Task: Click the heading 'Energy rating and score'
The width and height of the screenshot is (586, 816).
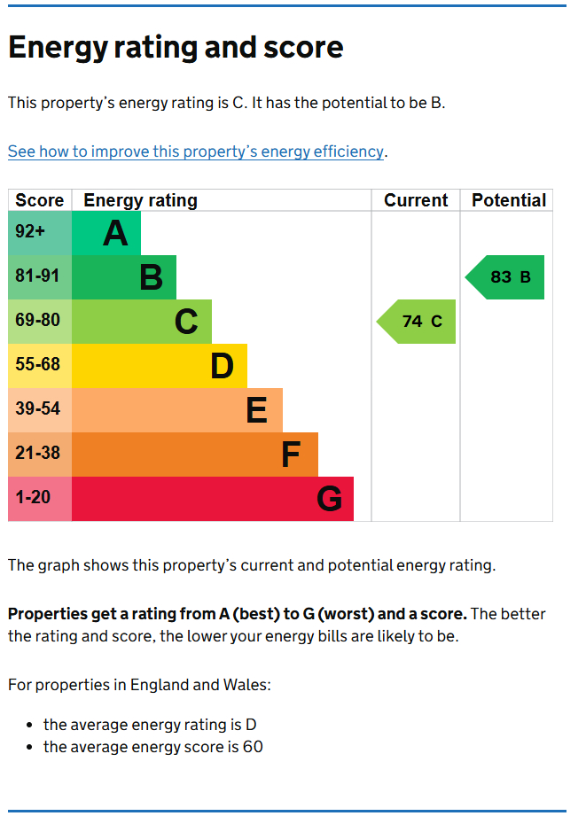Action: coord(176,47)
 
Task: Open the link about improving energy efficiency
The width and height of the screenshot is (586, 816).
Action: coord(195,152)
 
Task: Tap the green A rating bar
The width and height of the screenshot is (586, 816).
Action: coord(106,233)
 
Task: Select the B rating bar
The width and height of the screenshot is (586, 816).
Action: coord(124,277)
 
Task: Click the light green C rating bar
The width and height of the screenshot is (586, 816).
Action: coord(142,322)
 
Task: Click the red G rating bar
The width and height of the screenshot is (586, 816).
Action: coord(213,499)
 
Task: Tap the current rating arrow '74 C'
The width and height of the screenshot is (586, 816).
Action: coord(418,322)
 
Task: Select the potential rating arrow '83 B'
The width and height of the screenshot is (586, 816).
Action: coord(506,277)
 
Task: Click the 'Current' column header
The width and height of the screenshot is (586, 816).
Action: coord(416,200)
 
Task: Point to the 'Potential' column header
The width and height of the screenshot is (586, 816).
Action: coord(508,200)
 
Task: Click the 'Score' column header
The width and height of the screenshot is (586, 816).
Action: coord(40,200)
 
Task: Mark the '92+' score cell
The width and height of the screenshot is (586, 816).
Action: coord(30,232)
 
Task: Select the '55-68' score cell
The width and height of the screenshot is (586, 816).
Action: coord(38,365)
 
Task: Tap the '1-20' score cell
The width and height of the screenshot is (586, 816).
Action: coord(34,498)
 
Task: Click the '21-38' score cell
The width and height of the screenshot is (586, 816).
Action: coord(38,454)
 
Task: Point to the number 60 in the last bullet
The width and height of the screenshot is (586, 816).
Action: coord(253,747)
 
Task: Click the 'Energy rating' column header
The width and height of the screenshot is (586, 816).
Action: coord(140,200)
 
